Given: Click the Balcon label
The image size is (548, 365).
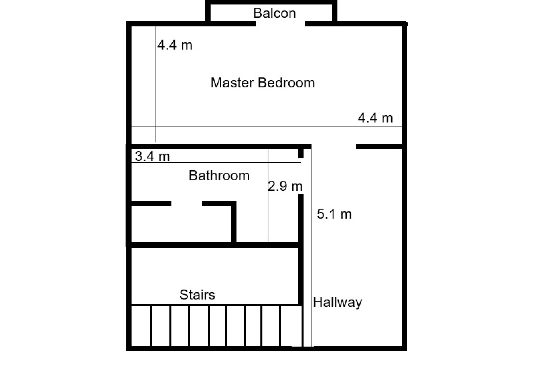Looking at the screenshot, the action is (274, 13).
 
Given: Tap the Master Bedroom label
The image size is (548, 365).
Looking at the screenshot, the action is (263, 83).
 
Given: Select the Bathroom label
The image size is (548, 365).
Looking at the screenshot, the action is (219, 175).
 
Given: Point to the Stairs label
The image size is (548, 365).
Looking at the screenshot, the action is (197, 295).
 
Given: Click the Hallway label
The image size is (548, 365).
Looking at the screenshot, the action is (338, 302).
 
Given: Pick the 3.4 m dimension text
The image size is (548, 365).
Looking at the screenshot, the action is (152, 156).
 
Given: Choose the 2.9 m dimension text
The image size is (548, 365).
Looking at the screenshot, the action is (285, 186).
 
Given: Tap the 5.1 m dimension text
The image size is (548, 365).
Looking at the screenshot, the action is (334, 214).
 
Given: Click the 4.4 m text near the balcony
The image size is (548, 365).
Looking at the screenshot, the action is (175, 45).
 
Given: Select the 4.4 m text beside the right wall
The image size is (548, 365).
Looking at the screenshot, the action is (375, 118).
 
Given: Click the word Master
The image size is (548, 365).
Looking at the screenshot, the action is (232, 83).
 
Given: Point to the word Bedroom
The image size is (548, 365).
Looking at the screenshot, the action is (286, 83).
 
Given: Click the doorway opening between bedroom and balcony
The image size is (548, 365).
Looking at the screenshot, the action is (280, 24).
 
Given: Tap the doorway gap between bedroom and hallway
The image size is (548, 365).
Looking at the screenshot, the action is (334, 147).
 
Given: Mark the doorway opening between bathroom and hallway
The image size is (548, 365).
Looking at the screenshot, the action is (301, 176).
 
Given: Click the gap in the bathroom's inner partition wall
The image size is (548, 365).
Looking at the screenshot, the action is (187, 203).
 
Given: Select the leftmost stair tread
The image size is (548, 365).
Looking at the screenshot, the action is (141, 326).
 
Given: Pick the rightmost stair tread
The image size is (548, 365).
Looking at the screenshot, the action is (291, 326).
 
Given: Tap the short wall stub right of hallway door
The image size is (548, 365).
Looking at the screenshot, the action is (379, 147).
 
